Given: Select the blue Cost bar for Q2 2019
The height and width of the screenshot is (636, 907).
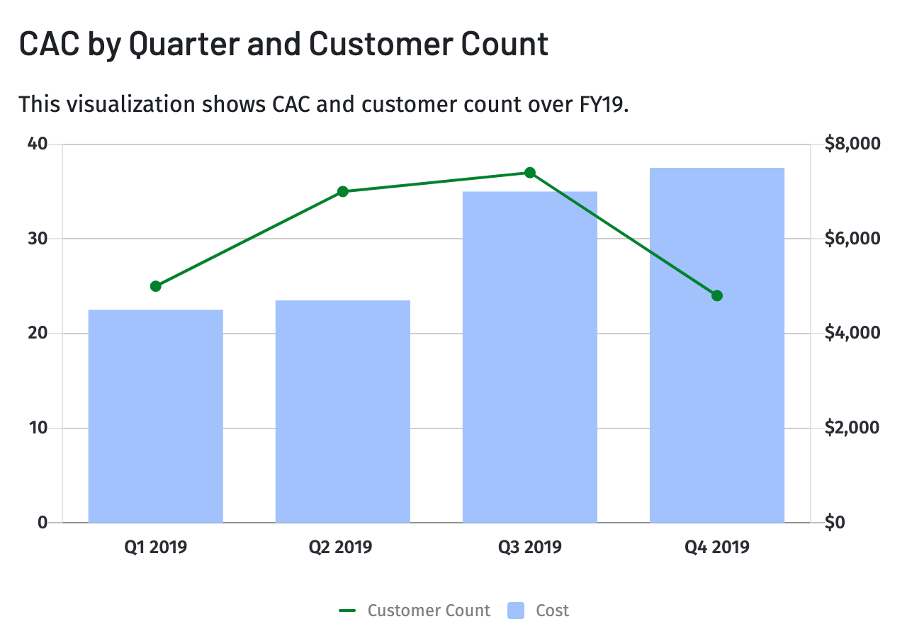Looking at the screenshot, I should (x=342, y=411).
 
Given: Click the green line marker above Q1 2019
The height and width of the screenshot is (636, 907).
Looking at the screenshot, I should (x=156, y=286).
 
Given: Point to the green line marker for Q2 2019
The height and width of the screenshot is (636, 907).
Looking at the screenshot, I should (x=343, y=191).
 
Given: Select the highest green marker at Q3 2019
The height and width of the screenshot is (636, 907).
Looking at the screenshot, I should (x=530, y=173).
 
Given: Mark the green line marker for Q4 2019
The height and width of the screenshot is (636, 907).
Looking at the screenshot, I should (x=716, y=295).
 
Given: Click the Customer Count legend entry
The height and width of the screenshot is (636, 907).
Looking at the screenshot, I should (x=428, y=611).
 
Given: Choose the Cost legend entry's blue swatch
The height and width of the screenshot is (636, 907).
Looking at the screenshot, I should (x=517, y=611).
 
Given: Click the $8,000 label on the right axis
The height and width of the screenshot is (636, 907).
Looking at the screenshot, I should (x=852, y=144).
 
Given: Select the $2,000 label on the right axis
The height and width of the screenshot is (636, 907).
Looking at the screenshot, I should (x=852, y=428).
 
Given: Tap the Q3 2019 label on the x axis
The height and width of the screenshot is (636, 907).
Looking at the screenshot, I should (x=529, y=547).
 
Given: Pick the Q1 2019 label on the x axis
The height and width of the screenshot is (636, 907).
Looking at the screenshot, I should (x=155, y=547).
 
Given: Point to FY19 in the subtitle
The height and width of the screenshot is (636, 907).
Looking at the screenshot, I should (x=599, y=104).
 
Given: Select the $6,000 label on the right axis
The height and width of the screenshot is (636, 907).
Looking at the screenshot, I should (x=852, y=239).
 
